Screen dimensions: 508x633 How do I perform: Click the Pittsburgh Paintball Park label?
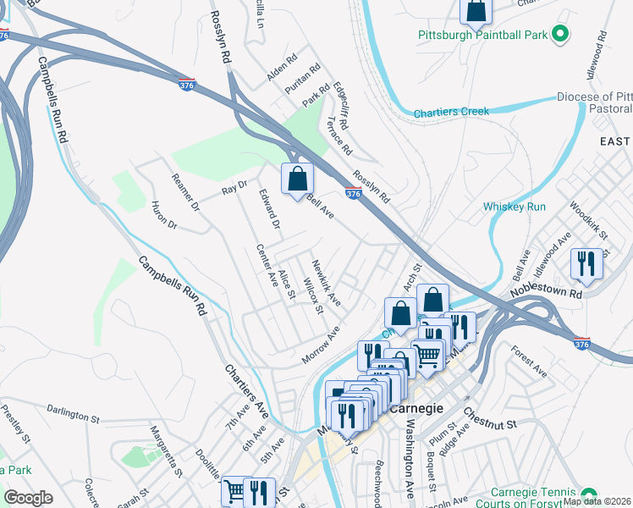coord(482,35)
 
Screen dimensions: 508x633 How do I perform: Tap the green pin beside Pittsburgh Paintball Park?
coord(559,35)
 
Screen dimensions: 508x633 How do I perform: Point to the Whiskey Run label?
coord(514,206)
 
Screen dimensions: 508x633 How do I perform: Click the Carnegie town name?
coord(416,407)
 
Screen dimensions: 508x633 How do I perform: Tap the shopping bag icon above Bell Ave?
coord(297,179)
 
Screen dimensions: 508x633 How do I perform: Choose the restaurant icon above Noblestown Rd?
coord(586,264)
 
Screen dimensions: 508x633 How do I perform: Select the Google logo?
coord(28,497)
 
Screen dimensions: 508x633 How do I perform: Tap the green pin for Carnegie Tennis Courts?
coord(588,494)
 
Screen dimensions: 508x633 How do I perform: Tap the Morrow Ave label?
coord(321,345)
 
